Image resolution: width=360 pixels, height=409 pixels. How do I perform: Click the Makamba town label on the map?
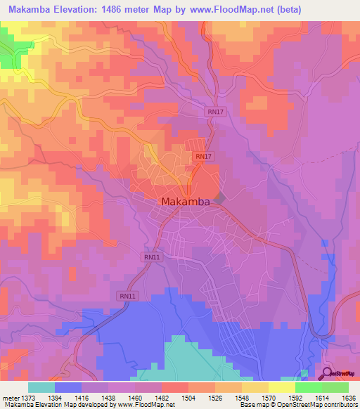coord(186,202)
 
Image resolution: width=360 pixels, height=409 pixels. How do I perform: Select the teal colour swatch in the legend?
coord(41,387)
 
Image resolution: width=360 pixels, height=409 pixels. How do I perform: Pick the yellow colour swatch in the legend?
coord(282,387)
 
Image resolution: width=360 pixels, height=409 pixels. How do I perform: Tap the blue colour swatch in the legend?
coord(68,387)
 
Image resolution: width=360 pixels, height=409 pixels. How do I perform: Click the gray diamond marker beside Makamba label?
coord(219,200)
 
